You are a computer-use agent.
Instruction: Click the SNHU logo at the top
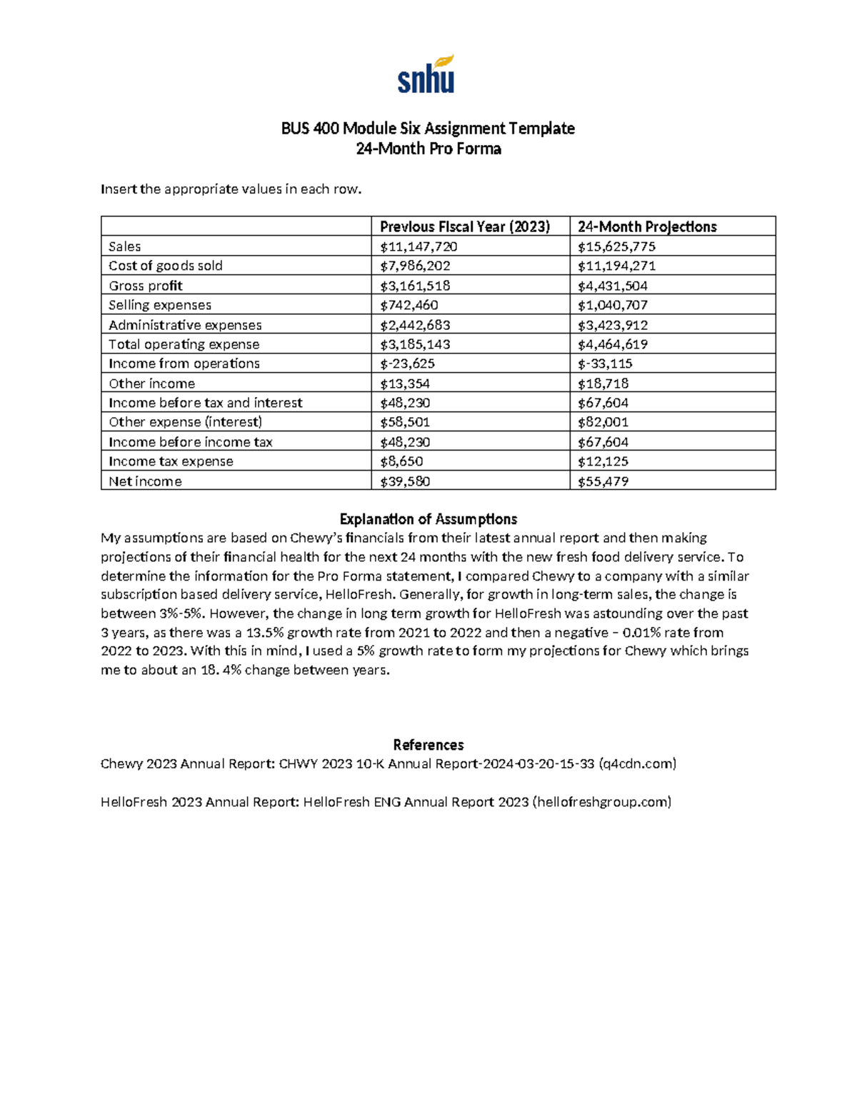pos(426,75)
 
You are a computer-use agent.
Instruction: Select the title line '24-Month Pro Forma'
pos(428,149)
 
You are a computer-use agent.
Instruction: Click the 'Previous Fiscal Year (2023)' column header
pos(465,227)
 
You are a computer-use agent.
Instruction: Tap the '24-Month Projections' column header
pos(647,227)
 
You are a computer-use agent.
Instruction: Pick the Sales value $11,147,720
pos(419,247)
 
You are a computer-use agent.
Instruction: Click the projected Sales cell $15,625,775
pos(616,247)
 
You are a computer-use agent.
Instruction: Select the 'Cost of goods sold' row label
pos(166,266)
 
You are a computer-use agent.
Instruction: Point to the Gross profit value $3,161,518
pos(415,286)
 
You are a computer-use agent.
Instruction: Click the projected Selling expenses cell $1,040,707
pos(613,306)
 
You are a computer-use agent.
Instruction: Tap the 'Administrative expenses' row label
pos(185,326)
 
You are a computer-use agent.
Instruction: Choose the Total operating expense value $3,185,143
pos(415,345)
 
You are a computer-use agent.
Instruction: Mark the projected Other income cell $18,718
pos(603,384)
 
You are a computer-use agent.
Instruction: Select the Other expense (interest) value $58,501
pos(405,423)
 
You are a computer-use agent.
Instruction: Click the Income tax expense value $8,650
pos(401,462)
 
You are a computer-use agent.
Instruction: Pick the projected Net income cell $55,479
pos(603,482)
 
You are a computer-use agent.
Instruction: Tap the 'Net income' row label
pos(145,482)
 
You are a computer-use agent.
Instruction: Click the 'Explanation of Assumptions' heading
pos(428,519)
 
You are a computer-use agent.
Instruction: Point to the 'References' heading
pos(428,745)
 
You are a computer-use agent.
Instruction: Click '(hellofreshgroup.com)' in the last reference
pos(602,802)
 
